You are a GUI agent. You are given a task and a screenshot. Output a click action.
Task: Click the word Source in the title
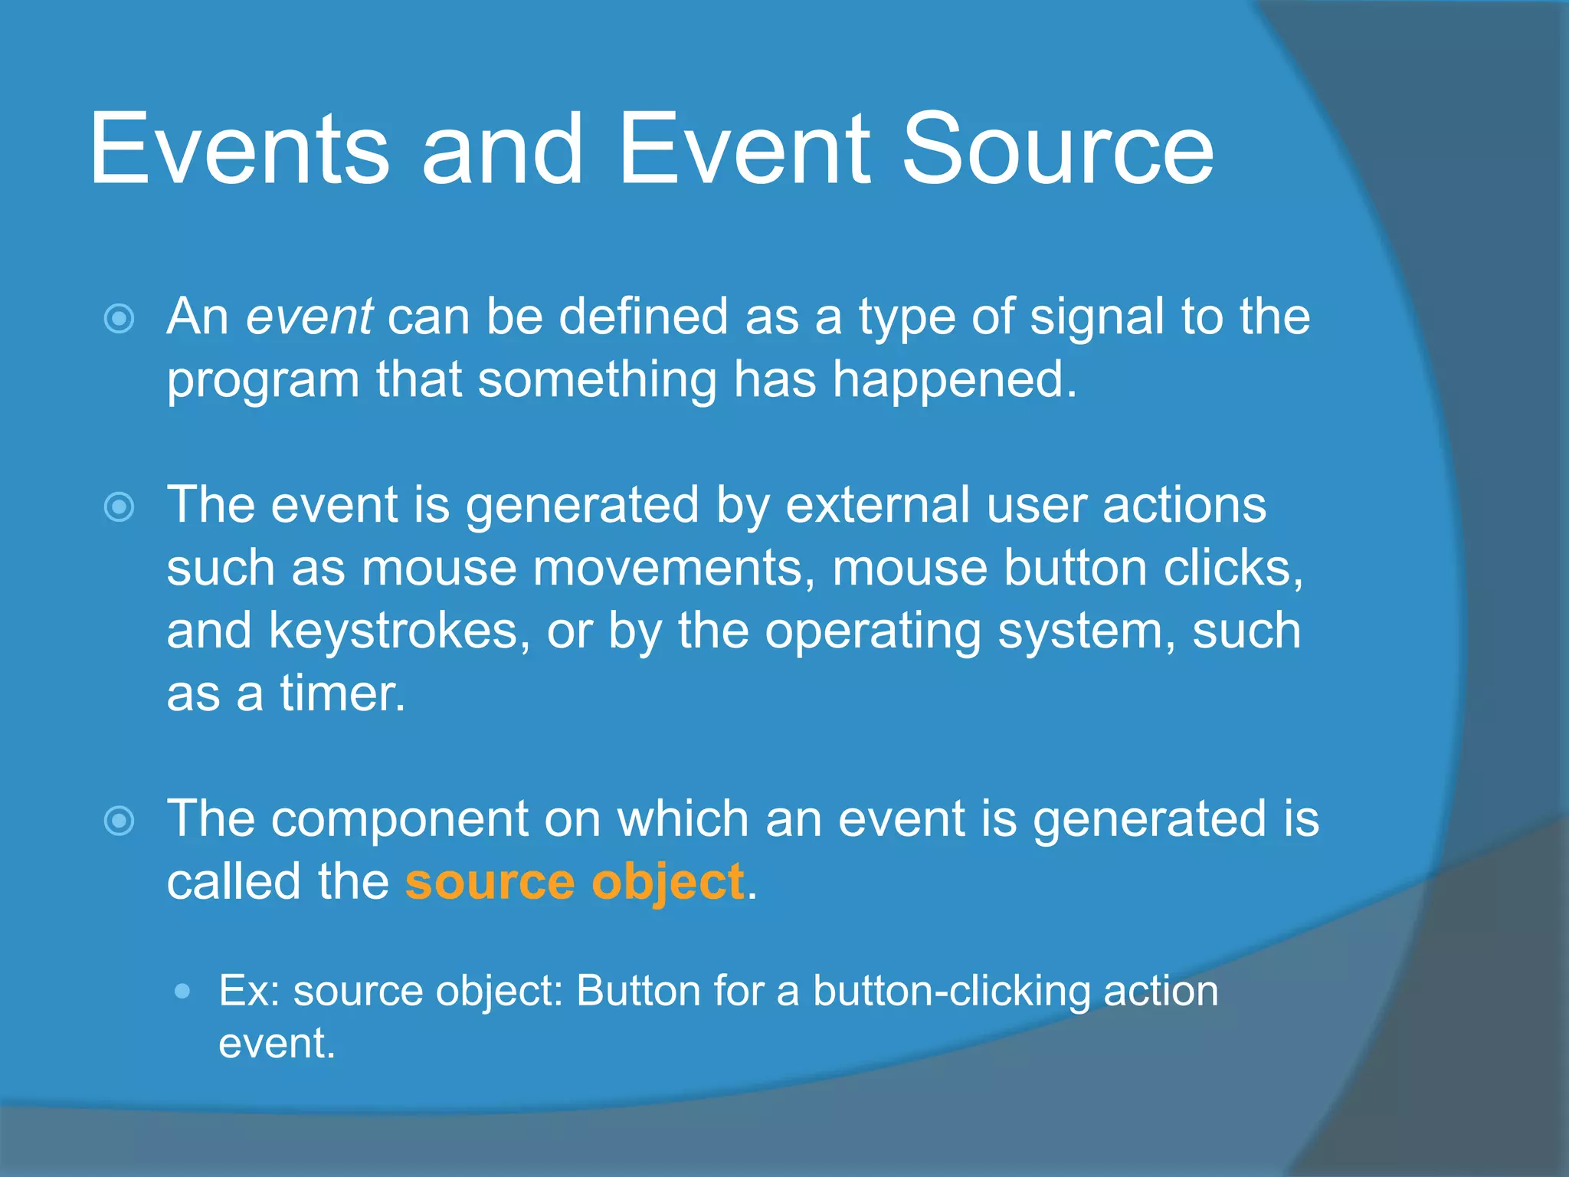point(1057,149)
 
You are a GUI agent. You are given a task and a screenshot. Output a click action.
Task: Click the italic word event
point(309,316)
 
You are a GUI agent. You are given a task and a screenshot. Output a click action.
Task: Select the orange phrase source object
point(575,883)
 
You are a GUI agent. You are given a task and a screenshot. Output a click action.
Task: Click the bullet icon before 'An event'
point(120,319)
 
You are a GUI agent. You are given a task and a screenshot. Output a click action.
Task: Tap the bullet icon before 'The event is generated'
point(120,507)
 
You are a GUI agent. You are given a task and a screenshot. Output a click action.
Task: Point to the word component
point(399,820)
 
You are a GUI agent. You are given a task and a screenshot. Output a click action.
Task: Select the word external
point(878,506)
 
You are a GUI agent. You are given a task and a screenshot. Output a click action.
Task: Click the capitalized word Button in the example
point(638,992)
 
